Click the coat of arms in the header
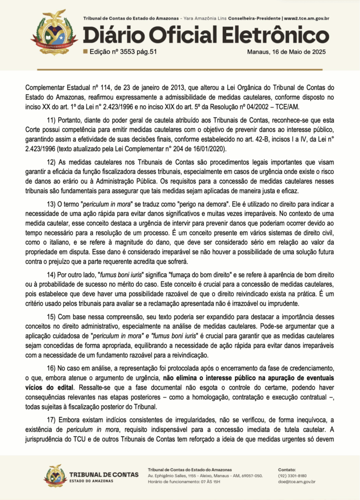coord(54,32)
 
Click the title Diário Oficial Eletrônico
coord(206,36)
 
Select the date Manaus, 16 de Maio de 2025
coord(288,51)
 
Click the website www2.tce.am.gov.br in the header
coord(306,19)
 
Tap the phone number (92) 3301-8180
coord(292,475)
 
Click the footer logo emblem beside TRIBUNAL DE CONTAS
coord(55,475)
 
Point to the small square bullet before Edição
coord(85,51)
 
